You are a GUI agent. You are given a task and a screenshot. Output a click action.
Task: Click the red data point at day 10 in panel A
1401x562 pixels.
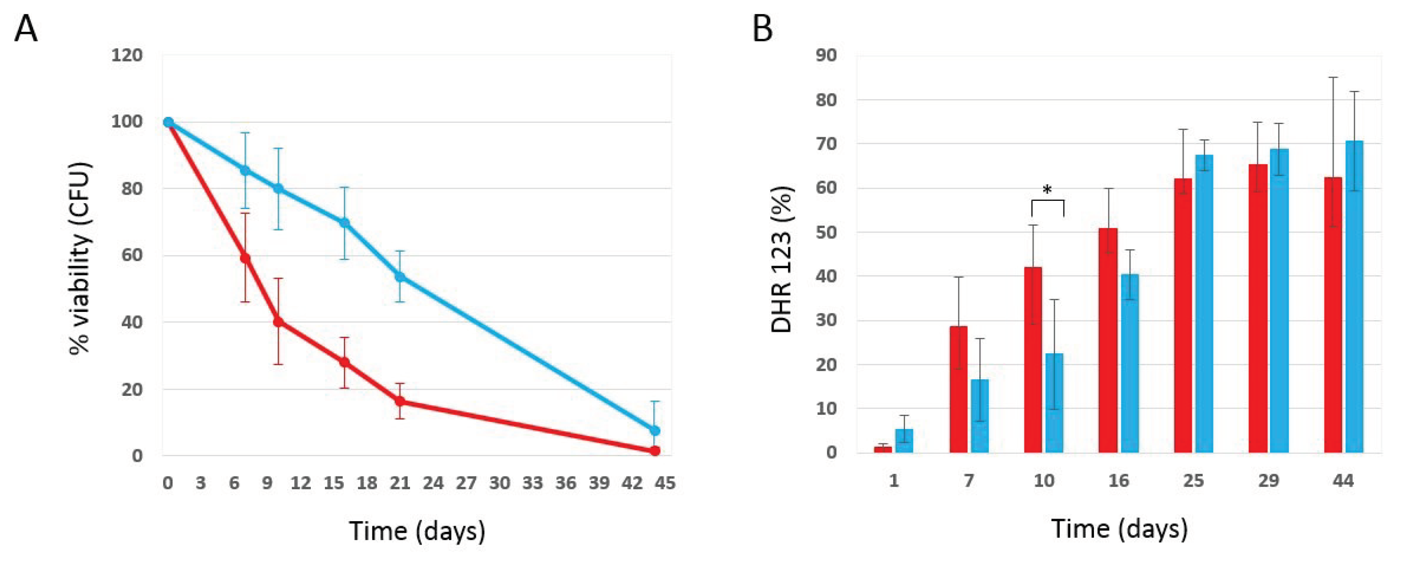[x=279, y=322]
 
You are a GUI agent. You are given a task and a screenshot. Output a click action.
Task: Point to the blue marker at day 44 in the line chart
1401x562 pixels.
[x=655, y=430]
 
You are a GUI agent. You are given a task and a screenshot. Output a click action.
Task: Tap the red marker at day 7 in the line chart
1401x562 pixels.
[x=245, y=258]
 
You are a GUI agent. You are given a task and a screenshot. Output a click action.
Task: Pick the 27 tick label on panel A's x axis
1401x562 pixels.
[x=467, y=483]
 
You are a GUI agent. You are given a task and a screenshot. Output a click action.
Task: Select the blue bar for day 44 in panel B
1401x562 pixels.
[x=1354, y=297]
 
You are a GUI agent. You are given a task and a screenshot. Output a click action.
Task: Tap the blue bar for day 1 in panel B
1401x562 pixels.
[x=904, y=441]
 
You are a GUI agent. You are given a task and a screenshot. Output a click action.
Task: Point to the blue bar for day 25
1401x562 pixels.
[x=1204, y=304]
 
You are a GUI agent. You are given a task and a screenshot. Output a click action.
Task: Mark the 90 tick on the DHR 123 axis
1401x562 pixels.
[x=826, y=55]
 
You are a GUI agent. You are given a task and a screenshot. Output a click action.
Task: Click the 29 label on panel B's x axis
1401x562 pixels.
[x=1268, y=481]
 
